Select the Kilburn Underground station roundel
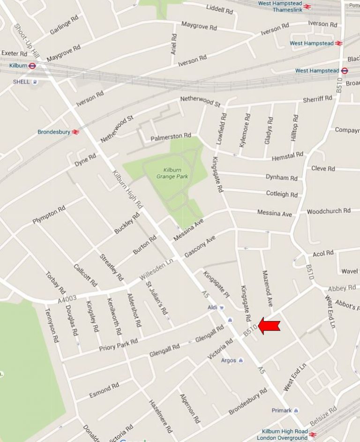[32, 66]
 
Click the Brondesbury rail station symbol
[75, 132]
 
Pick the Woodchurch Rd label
[329, 211]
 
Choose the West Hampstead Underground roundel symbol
[344, 71]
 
